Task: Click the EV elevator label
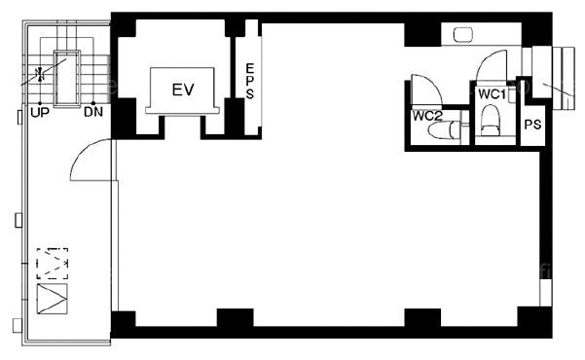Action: click(183, 90)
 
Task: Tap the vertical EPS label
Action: click(249, 82)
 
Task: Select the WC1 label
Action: click(492, 94)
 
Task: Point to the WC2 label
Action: click(427, 116)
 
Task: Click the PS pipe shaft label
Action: click(532, 125)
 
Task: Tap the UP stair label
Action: click(40, 112)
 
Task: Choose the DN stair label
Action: click(93, 112)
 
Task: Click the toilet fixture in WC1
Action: click(490, 120)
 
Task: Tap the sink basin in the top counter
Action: click(463, 35)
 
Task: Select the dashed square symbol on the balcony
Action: click(53, 264)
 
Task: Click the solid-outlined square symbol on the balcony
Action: click(53, 299)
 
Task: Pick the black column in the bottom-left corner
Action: click(124, 324)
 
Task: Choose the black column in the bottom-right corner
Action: click(534, 322)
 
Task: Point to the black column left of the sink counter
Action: click(422, 35)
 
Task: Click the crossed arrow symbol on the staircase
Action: click(40, 74)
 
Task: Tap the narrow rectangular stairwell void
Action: click(67, 79)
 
